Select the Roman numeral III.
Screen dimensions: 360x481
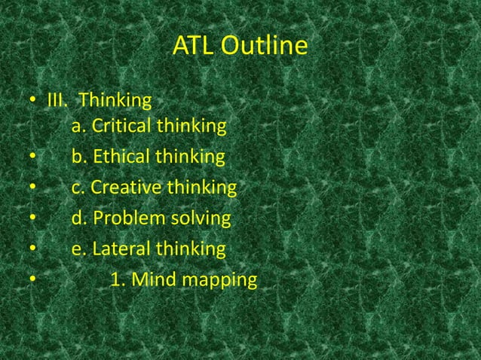[58, 100]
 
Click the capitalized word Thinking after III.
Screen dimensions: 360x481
[115, 100]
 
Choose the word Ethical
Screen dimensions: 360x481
[118, 157]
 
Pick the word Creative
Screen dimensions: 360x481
[121, 188]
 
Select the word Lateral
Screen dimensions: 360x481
[118, 249]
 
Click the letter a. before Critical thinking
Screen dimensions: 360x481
[77, 127]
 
